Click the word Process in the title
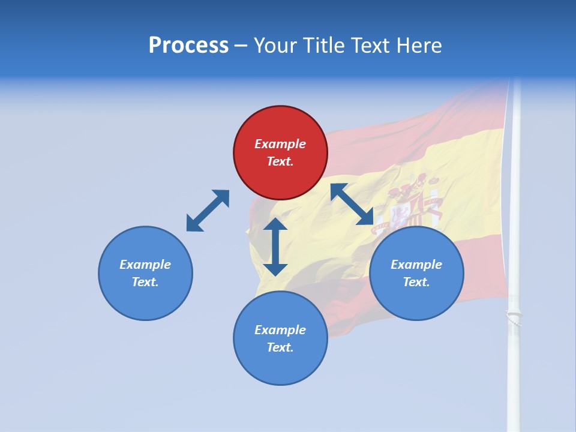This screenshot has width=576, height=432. (188, 46)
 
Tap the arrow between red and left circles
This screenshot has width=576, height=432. (208, 211)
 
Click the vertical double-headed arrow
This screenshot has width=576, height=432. (275, 247)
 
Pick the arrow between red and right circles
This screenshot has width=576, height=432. (352, 204)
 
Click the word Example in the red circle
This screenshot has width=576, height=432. (280, 144)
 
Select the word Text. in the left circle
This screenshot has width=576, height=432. (145, 282)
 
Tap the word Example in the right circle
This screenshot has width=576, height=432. (416, 265)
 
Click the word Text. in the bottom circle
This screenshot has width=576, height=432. (280, 347)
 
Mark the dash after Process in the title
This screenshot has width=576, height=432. (241, 46)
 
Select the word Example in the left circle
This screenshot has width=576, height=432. (145, 265)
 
